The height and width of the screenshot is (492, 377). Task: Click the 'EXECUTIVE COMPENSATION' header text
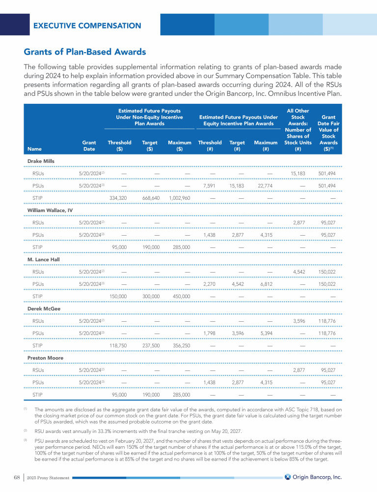point(87,26)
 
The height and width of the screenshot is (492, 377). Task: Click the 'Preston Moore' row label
point(44,358)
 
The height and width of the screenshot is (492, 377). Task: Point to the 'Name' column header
point(34,147)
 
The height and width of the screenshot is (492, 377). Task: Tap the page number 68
point(17,477)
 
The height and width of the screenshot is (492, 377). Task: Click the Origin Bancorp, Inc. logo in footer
point(313,477)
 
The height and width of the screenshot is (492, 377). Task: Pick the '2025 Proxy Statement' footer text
point(48,478)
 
